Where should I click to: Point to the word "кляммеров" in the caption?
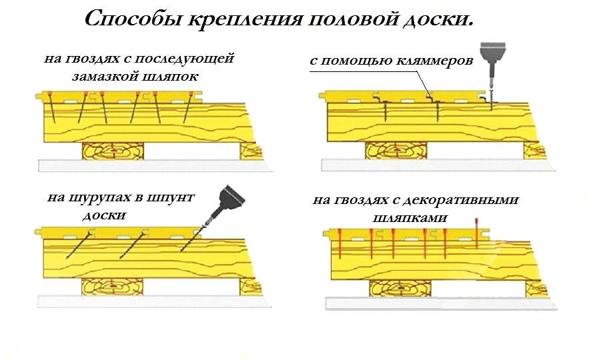tap(434, 61)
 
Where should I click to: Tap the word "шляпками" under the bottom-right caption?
tap(410, 218)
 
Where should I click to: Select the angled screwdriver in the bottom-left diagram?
tap(224, 205)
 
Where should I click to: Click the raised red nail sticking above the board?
tap(476, 233)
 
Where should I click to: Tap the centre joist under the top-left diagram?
tap(113, 151)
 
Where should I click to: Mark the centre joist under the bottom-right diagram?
tap(400, 289)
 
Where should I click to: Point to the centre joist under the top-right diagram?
tap(396, 151)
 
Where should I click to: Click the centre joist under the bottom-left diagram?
tap(112, 287)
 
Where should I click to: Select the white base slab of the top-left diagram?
tap(154, 165)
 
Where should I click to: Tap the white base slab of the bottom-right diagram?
tap(440, 303)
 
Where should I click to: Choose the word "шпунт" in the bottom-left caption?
tap(171, 198)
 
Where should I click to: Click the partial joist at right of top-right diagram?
tap(534, 151)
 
